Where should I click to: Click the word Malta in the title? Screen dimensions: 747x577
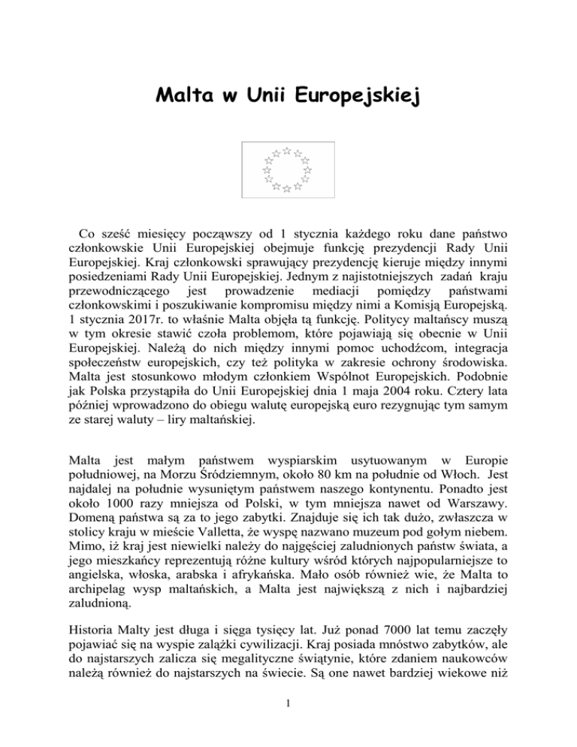pos(182,97)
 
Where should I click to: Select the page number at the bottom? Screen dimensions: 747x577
pos(288,723)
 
